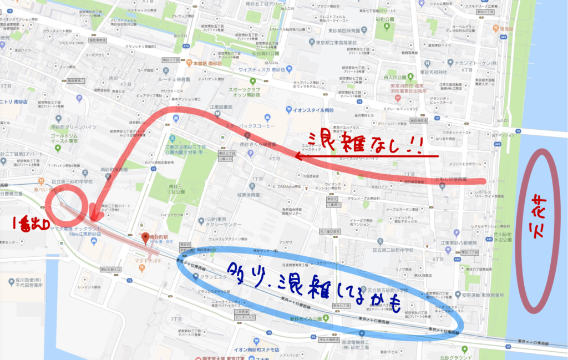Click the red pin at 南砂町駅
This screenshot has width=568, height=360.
(x=145, y=238)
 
